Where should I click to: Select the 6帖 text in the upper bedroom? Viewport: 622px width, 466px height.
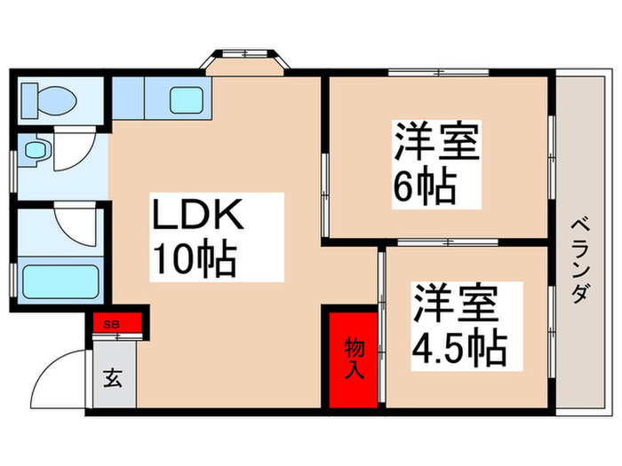[425, 186]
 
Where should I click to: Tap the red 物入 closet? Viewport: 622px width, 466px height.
[354, 359]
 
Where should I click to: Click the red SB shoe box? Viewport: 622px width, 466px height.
[113, 322]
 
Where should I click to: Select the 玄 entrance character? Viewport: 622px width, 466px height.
[115, 377]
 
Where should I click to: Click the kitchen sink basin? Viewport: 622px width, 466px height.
[187, 99]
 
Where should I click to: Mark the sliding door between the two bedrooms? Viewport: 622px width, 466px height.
[435, 241]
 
